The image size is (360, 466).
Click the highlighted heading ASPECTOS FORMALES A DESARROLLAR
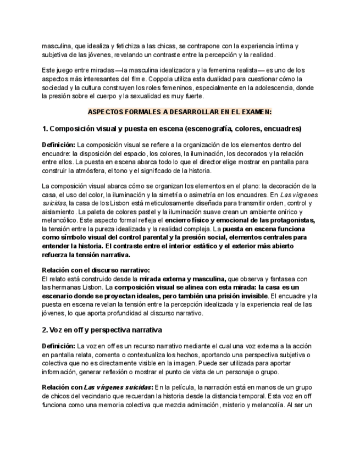[180, 112]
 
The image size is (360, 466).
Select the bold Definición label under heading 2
[58, 346]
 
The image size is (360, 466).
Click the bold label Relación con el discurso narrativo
[96, 270]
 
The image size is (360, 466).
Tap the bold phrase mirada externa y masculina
[182, 279]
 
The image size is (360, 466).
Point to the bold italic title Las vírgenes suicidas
[118, 387]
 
